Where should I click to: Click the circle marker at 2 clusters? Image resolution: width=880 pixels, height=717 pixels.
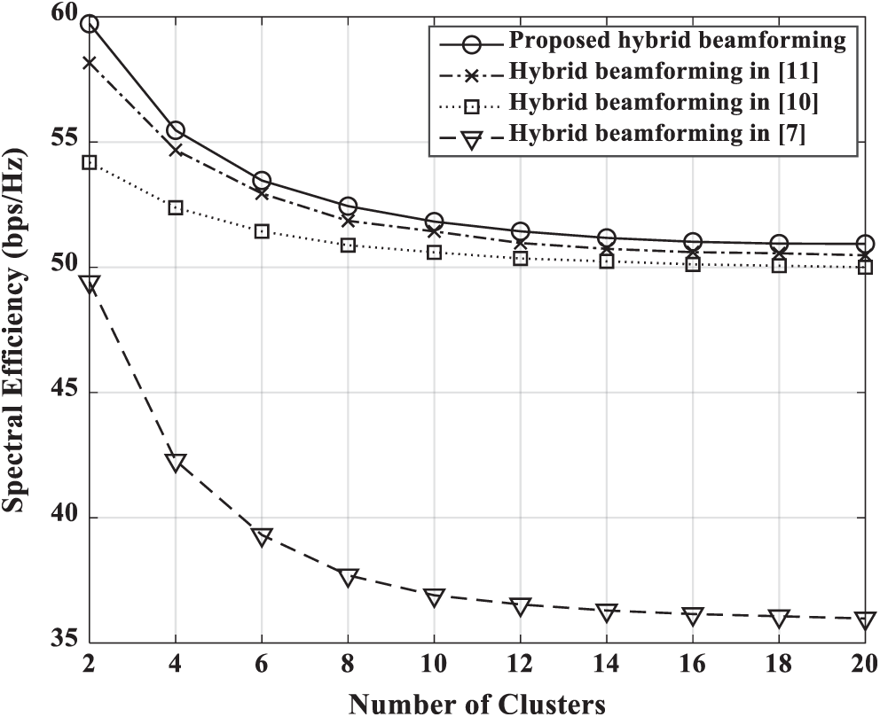tap(90, 23)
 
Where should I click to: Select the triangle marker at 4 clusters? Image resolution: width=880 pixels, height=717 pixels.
tap(176, 462)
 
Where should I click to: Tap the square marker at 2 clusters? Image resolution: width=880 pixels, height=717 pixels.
tap(90, 162)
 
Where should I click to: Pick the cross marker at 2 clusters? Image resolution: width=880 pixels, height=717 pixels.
tap(90, 62)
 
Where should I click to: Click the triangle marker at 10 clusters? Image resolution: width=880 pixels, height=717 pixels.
tap(434, 596)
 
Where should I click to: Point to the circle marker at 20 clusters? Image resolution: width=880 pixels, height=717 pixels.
tap(865, 244)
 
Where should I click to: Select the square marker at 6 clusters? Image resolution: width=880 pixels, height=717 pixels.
tap(262, 231)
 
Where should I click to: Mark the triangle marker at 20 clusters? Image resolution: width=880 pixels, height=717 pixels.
tap(865, 620)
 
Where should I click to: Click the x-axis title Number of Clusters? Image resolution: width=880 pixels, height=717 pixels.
tap(477, 704)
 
